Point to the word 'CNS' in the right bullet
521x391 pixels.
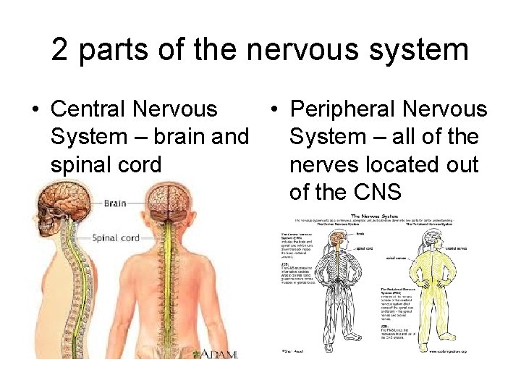click(357, 192)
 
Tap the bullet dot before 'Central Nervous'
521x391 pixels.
click(34, 110)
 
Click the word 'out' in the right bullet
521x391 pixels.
click(461, 164)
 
